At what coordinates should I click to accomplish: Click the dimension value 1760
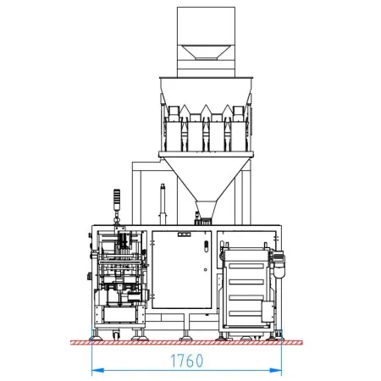tap(187, 361)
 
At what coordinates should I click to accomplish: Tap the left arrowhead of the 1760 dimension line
tap(97, 370)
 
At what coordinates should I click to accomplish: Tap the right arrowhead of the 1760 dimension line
tap(276, 370)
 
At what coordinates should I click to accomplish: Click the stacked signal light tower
tap(117, 200)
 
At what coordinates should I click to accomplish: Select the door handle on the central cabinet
tap(207, 246)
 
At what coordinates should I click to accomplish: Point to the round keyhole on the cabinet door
tap(206, 270)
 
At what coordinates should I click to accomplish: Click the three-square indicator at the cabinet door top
tap(184, 234)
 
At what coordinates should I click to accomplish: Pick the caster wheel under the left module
tap(116, 335)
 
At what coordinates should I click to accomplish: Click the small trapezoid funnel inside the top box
tap(206, 52)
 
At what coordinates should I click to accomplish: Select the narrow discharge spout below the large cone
tap(206, 210)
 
